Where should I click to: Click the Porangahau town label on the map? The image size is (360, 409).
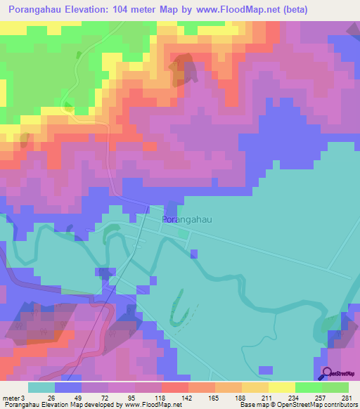coord(188,219)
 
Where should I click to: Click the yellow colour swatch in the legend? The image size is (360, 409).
coord(282,387)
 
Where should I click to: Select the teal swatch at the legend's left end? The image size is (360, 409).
coord(41,387)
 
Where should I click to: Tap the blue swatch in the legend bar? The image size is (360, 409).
coord(68,387)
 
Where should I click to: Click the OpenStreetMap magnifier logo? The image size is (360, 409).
coord(327,373)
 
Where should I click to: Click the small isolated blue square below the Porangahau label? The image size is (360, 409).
coord(194,253)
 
